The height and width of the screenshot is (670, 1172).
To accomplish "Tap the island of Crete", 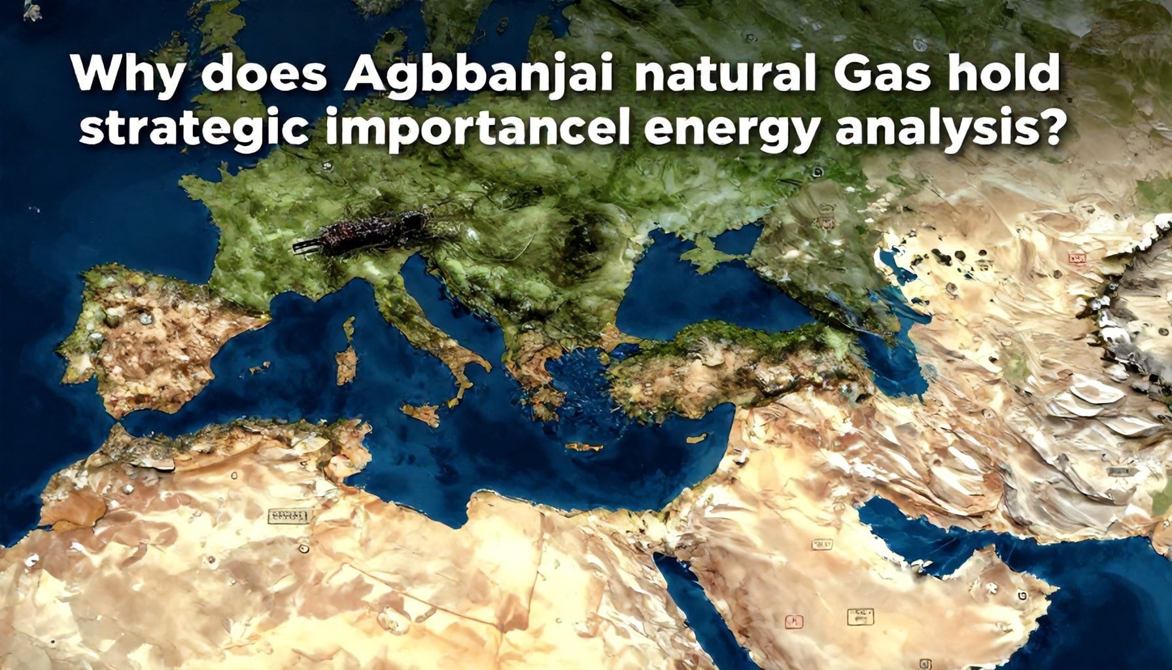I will coord(584,446).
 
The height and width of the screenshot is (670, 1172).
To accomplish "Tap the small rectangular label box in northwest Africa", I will coord(287,517).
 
